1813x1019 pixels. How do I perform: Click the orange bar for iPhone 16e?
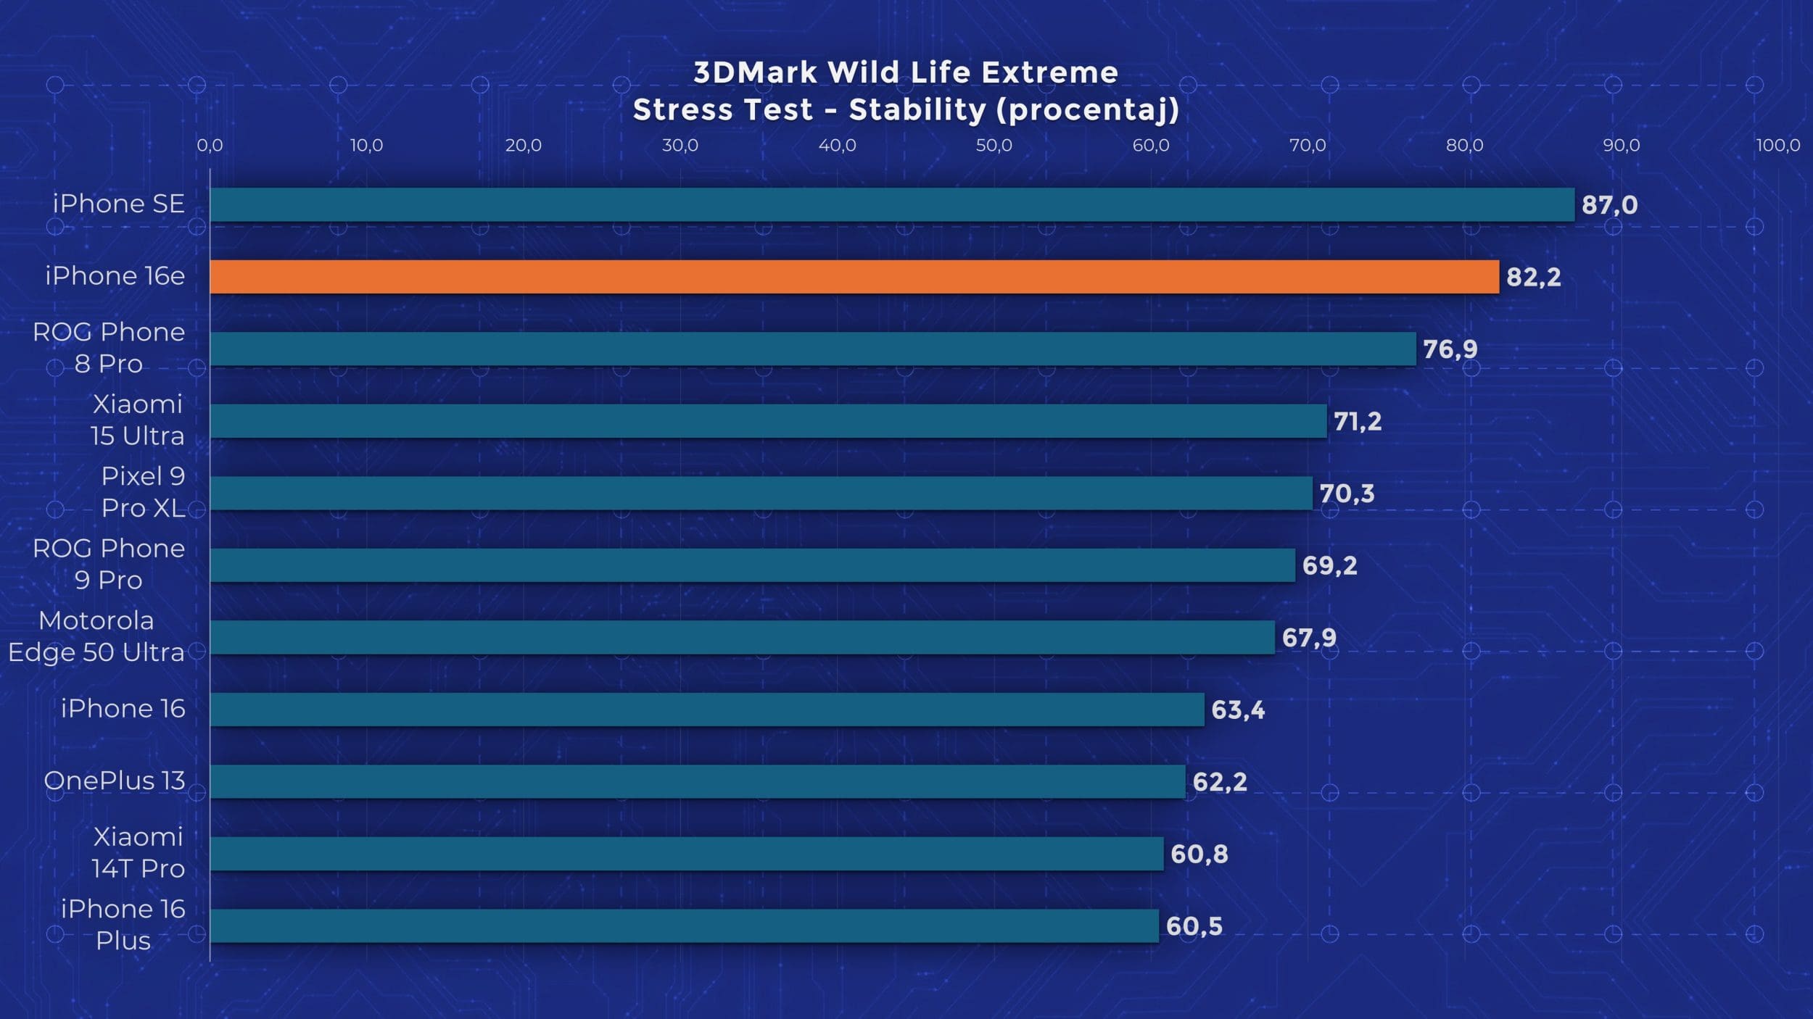[854, 277]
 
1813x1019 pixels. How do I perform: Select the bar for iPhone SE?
[892, 204]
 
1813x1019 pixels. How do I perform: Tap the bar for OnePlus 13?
[698, 781]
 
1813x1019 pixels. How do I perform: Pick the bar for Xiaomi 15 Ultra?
[769, 421]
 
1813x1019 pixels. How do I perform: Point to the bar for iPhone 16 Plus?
[685, 926]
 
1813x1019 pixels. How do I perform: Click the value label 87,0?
[1609, 205]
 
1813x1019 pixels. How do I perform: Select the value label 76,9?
[1450, 349]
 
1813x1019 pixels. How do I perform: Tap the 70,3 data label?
[1347, 494]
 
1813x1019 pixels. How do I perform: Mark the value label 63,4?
[1238, 710]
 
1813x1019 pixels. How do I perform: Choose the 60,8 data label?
[1199, 854]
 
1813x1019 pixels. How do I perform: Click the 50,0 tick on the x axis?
[994, 146]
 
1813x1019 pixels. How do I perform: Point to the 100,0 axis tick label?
[1777, 146]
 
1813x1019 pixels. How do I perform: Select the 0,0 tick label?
[210, 146]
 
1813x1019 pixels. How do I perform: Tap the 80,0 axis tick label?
[1464, 146]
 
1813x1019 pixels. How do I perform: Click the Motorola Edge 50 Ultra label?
[96, 636]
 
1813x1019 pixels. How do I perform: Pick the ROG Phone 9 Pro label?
[109, 564]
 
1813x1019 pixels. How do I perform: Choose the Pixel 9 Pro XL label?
[143, 492]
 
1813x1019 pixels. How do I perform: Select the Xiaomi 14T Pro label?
[138, 852]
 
